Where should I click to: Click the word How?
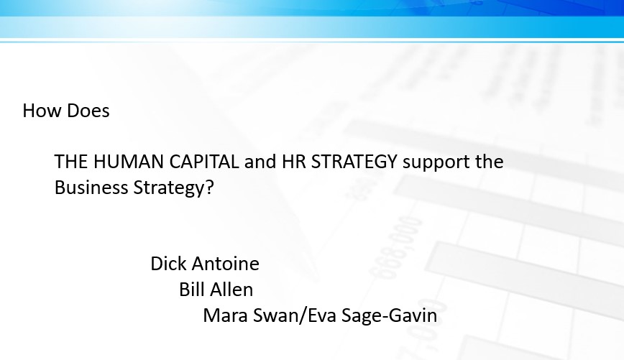[x=42, y=111]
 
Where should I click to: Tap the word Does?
[x=88, y=111]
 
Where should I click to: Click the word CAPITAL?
[x=204, y=162]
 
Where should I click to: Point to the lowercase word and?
[x=260, y=162]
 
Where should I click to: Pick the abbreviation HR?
[x=294, y=162]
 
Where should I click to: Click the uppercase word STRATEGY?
[x=354, y=162]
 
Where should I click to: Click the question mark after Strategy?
[x=210, y=188]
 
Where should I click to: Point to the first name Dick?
[x=169, y=264]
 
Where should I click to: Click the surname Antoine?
[x=226, y=264]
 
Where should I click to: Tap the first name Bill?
[x=191, y=290]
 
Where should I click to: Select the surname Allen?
[x=231, y=290]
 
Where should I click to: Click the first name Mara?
[x=226, y=315]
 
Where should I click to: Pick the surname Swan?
[x=275, y=315]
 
